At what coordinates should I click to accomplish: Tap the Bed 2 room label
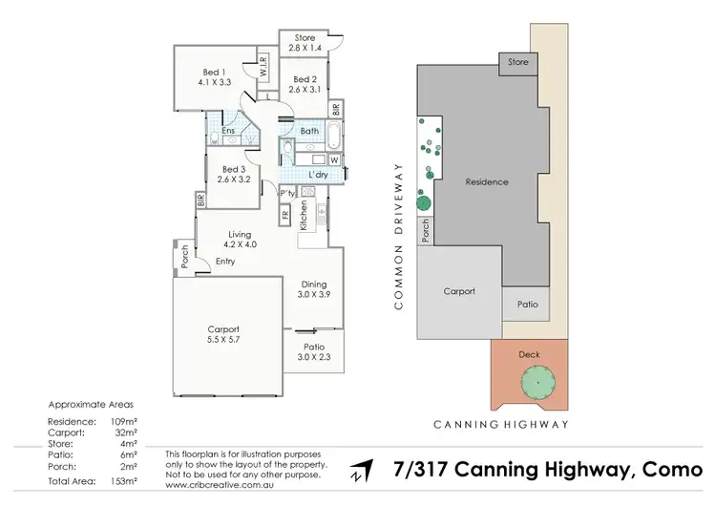pos(305,85)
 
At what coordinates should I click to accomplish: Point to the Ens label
pos(229,131)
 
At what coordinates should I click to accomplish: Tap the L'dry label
pos(320,175)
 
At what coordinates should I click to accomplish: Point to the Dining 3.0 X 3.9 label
pos(315,289)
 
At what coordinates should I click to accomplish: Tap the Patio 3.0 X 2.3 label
pos(315,352)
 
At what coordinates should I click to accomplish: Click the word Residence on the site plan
pos(487,181)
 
